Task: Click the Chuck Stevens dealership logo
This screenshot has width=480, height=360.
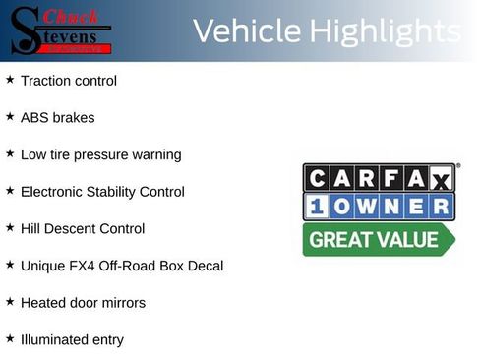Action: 62,30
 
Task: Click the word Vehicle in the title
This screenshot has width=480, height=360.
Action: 247,31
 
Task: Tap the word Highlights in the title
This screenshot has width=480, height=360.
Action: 385,31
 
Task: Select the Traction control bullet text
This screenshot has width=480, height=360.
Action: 68,80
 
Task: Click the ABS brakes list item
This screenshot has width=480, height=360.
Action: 57,117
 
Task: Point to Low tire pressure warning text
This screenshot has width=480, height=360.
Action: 100,154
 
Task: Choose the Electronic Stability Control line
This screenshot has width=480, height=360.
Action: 102,191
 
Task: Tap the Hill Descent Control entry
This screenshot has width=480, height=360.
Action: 83,228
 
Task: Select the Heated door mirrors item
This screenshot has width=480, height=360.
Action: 83,303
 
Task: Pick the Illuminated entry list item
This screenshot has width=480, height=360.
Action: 72,339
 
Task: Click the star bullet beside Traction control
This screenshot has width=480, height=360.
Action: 10,79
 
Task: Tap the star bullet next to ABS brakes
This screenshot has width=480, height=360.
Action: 10,116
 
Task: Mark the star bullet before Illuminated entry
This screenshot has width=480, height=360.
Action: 10,338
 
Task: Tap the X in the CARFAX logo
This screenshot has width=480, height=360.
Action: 440,179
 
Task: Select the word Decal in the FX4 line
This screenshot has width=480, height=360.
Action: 205,266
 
